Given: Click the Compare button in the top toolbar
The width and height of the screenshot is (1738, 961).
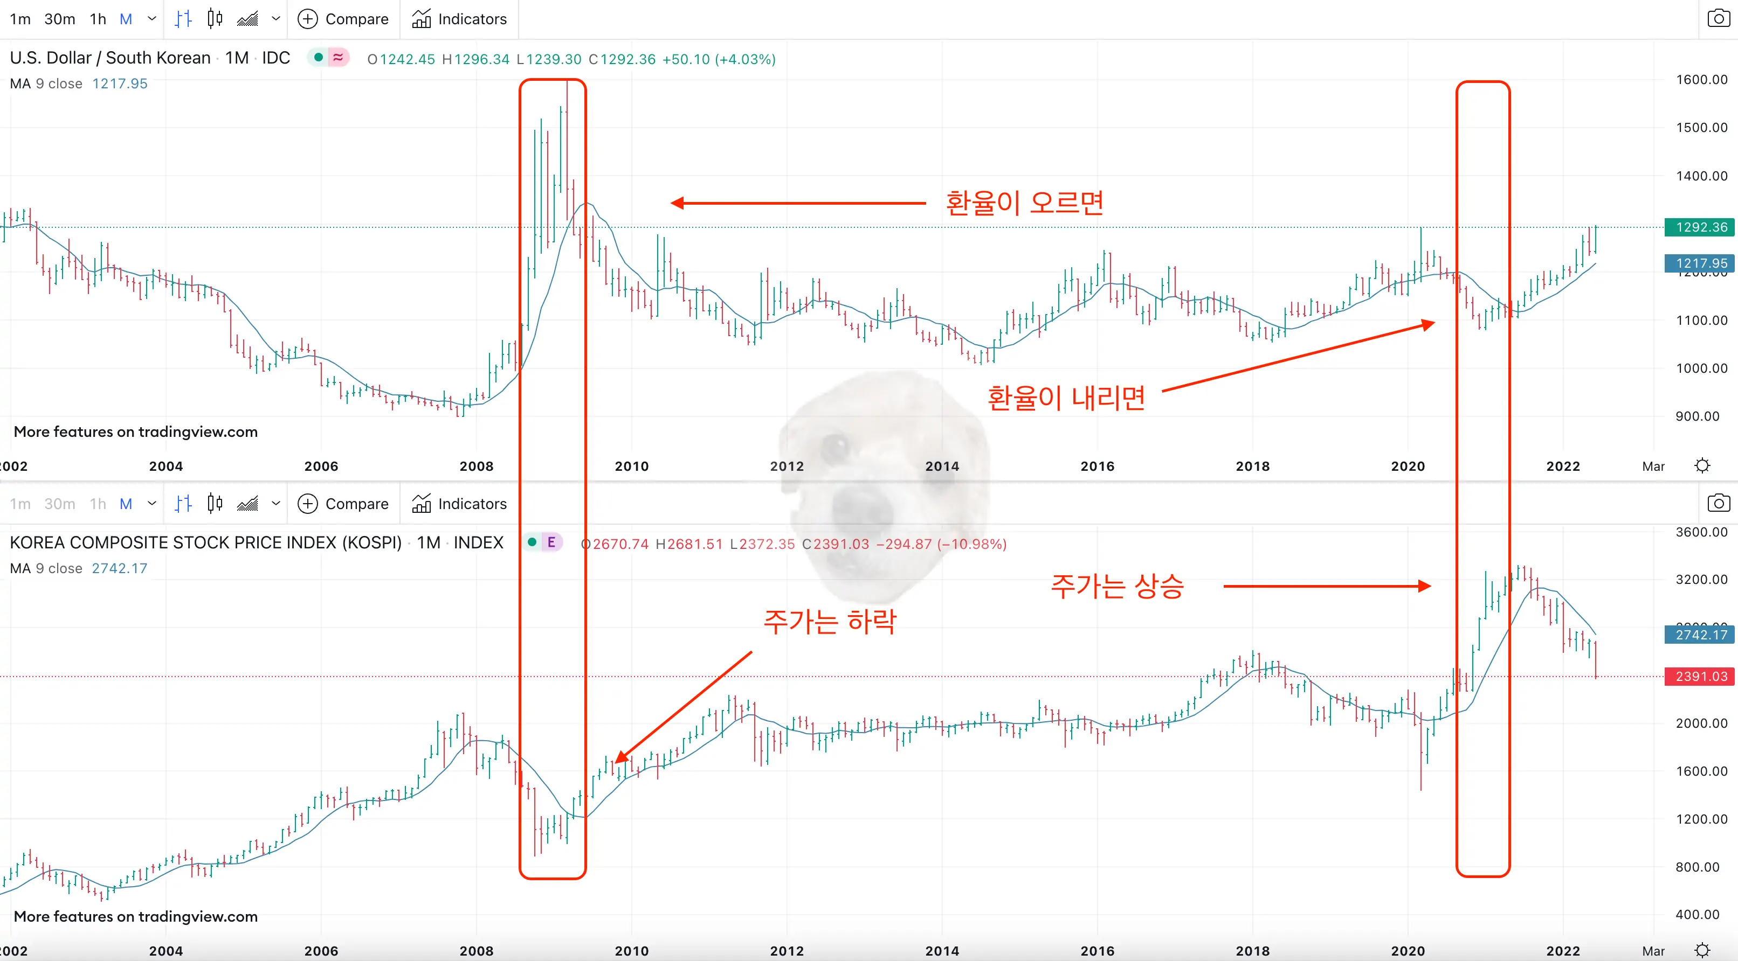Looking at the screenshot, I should point(344,19).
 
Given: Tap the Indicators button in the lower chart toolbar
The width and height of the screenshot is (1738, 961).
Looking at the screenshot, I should point(459,504).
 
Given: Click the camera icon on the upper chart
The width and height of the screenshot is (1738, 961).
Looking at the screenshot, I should point(1718,19).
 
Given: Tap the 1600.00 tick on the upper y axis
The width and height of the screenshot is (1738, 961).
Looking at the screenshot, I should point(1701,80).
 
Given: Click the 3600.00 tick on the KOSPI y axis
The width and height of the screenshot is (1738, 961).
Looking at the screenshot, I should point(1701,532).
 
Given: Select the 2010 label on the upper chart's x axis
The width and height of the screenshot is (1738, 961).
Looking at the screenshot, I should point(631,466).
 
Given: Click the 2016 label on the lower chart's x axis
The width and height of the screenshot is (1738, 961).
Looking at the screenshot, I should point(1097,951).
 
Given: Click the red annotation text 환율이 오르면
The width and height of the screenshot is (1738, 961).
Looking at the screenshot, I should point(1024,203).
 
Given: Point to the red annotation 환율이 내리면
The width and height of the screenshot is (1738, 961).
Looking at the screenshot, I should point(1066,398).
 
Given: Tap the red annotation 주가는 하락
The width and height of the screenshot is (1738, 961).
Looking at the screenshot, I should point(830,621).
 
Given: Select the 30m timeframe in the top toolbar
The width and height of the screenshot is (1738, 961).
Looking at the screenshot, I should point(59,19).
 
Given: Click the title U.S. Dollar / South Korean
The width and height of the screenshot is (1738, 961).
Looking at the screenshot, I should point(110,58).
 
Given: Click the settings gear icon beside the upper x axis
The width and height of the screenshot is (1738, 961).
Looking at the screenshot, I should point(1702,466).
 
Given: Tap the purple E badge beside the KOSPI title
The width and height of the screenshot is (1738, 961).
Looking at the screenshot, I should point(551,542).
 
